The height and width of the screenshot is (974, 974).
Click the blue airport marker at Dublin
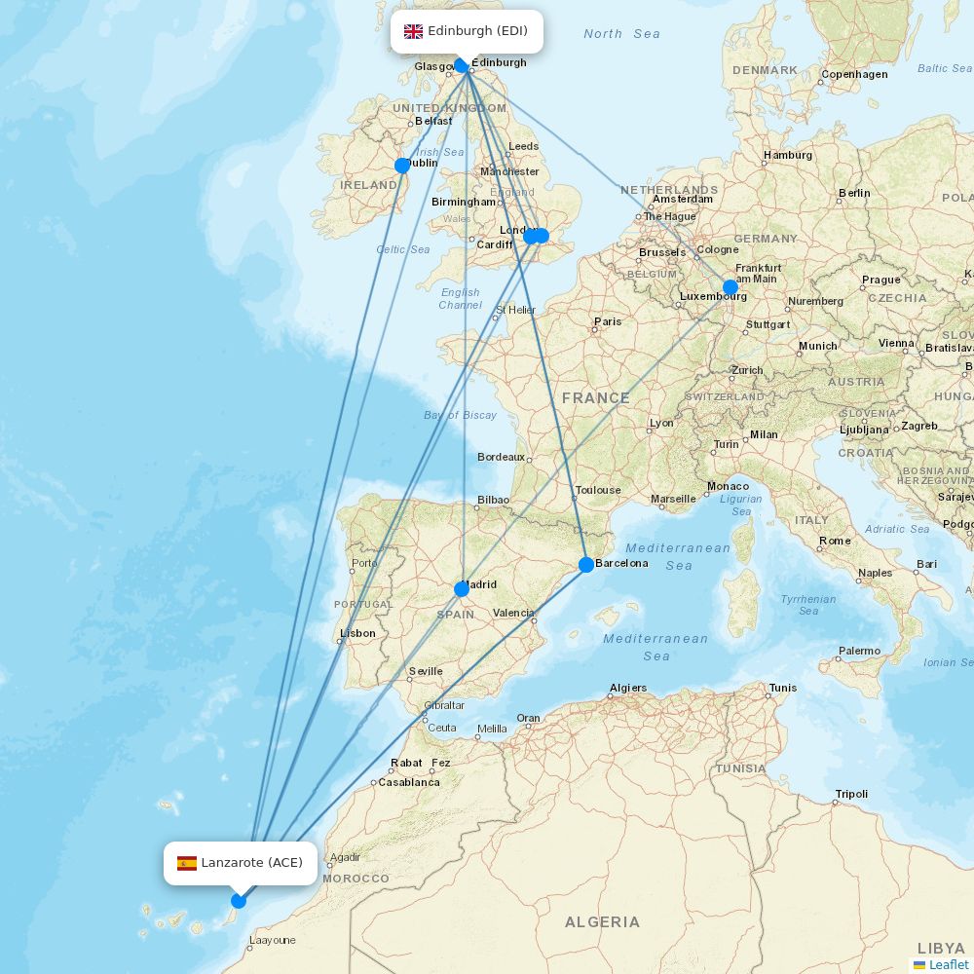pos(402,166)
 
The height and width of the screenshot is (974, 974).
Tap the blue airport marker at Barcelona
pos(586,564)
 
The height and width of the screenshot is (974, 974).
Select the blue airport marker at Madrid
pos(462,588)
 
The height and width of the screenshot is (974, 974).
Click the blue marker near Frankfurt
pos(730,287)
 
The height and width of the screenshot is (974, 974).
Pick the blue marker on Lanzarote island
pos(239,900)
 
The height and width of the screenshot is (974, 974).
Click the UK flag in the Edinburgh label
pos(413,31)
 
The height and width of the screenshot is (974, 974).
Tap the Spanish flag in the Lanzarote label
pos(187,863)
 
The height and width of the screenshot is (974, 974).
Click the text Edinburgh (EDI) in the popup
pos(477,31)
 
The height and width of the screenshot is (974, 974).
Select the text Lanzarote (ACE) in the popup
pos(251,863)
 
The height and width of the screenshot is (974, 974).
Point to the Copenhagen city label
pos(854,74)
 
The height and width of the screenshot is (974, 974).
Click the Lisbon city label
pos(357,633)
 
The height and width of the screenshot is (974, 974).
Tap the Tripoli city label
pos(851,794)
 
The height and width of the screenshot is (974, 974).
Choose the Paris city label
pos(608,321)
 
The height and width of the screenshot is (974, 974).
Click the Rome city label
pos(835,541)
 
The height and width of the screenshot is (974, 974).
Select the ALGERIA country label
pos(602,921)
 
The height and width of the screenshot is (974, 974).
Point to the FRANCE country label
pos(595,397)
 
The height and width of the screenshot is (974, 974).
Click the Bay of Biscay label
pos(460,415)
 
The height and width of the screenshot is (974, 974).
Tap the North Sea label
pos(621,34)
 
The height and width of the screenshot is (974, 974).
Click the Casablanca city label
pos(408,782)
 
